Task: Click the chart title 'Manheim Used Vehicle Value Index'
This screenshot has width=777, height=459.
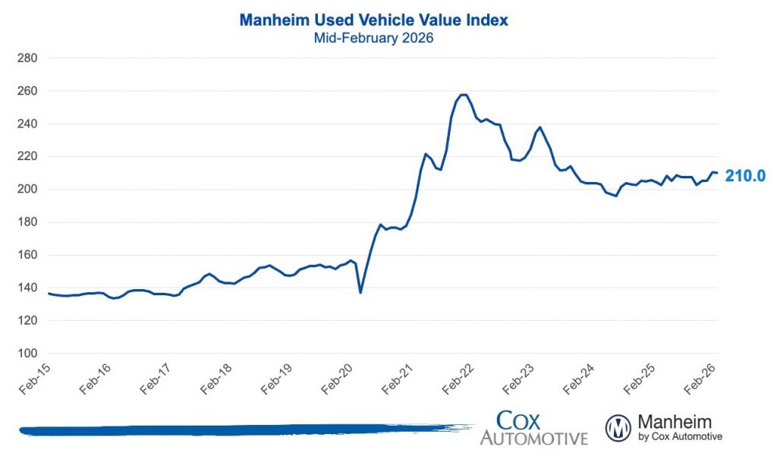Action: click(x=373, y=20)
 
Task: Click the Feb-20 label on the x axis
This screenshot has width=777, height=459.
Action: click(x=338, y=379)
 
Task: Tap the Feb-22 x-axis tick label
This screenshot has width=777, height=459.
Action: click(x=459, y=379)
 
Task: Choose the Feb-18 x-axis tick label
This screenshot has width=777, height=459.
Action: click(x=216, y=379)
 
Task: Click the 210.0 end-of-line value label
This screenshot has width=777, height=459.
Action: click(x=744, y=176)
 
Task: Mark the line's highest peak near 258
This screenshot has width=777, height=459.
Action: click(x=464, y=95)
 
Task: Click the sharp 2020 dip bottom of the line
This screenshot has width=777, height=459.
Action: click(x=360, y=292)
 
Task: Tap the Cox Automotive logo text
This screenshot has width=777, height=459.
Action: click(x=533, y=429)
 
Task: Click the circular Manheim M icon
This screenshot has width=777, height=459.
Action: click(x=618, y=428)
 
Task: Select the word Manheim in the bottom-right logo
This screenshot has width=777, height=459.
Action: click(x=675, y=421)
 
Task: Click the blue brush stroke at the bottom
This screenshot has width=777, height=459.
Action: click(x=228, y=431)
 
